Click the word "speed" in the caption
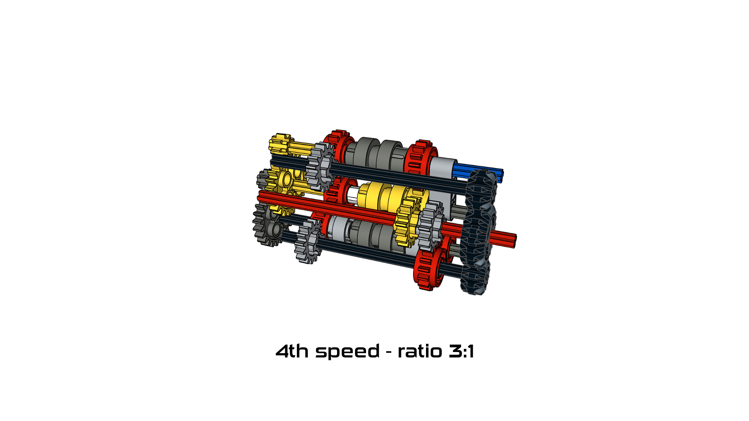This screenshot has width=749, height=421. pyautogui.click(x=347, y=352)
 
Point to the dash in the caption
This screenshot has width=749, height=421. pyautogui.click(x=389, y=352)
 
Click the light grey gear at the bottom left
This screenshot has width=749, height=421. pyautogui.click(x=308, y=242)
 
